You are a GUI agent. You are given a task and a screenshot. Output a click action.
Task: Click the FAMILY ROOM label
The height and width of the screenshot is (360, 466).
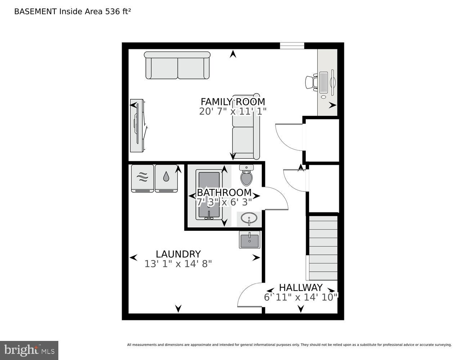233,102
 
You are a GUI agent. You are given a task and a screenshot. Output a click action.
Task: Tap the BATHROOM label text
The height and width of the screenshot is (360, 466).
224,193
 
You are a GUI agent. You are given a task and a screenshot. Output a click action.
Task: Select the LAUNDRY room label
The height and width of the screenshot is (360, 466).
178,254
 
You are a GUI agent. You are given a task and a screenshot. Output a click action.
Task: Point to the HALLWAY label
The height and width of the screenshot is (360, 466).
301,288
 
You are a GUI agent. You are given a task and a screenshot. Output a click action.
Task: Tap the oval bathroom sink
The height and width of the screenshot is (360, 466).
249,218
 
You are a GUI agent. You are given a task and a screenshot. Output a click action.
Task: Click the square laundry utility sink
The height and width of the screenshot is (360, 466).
250,239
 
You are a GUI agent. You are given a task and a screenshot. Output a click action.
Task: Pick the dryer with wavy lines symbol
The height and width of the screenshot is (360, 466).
143,178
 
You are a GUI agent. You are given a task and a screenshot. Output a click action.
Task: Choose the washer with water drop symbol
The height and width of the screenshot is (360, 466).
166,178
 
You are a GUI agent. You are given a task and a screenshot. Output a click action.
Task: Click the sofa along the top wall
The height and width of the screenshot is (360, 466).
177,65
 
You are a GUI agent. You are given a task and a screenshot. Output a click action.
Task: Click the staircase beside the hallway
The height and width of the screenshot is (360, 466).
323,248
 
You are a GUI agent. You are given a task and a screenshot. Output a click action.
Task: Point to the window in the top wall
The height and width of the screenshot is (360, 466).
292,46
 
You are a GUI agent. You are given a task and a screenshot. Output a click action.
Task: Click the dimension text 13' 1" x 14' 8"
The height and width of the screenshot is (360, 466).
178,264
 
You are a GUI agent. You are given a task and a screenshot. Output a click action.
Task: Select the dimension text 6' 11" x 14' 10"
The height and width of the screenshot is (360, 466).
301,297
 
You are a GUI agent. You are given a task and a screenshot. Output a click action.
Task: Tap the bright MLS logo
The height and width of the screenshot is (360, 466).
29,350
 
